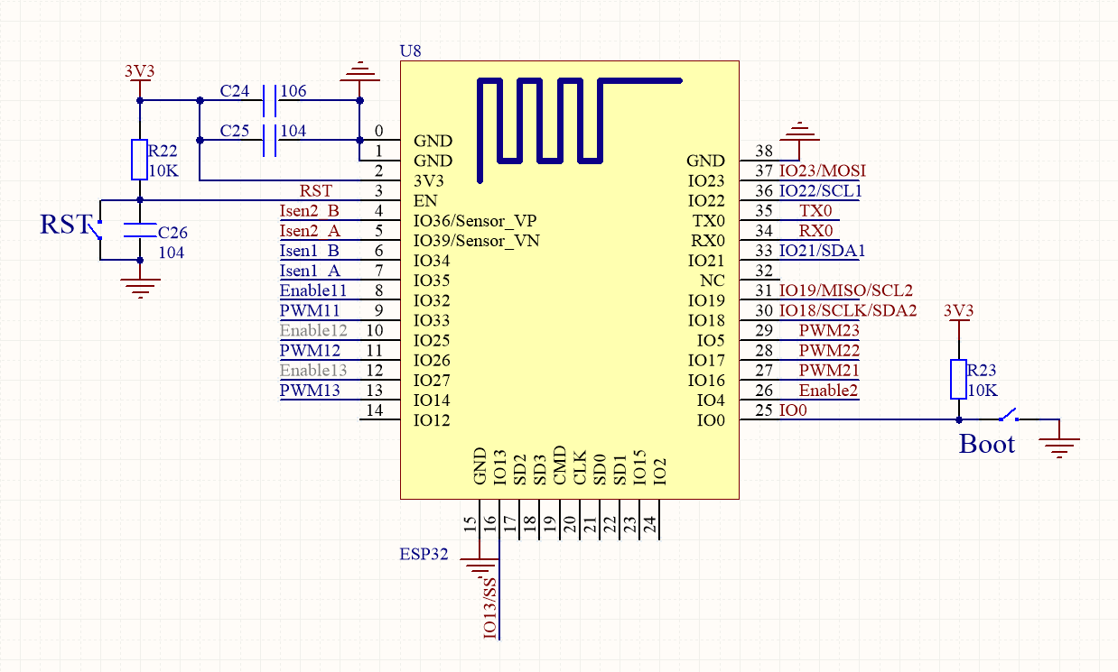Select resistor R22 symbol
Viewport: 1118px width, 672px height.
(139, 160)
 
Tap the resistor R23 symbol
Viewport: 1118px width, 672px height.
(958, 379)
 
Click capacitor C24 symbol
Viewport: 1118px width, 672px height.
(268, 101)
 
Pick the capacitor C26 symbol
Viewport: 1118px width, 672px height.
(139, 231)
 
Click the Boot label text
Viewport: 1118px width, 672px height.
(986, 444)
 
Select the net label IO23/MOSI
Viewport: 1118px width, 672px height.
(822, 171)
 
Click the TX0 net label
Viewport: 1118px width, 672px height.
(816, 211)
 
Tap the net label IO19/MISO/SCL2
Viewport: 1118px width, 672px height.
(845, 290)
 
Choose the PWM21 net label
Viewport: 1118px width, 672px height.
(828, 370)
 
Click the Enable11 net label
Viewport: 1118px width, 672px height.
(313, 290)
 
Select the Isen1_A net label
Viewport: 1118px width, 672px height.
(310, 271)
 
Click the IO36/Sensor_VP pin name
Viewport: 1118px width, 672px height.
(476, 221)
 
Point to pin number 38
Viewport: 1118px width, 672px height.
(764, 152)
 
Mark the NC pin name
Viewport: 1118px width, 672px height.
(713, 281)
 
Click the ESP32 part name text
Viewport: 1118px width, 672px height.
(424, 554)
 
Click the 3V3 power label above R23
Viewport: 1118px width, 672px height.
(958, 311)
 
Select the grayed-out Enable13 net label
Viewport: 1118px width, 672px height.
(313, 370)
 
